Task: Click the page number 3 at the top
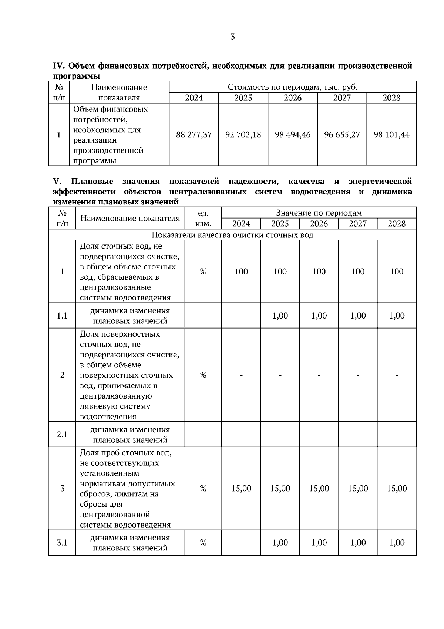click(x=232, y=37)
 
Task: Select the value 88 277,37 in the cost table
click(x=194, y=134)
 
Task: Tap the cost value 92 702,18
click(x=243, y=134)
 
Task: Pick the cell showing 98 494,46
click(x=293, y=134)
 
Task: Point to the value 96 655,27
click(x=342, y=134)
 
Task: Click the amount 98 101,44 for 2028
click(x=391, y=134)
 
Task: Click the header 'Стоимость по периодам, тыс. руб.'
click(x=292, y=87)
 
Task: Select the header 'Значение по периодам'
click(x=319, y=213)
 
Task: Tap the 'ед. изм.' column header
click(x=203, y=218)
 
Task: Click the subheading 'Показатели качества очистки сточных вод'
click(x=232, y=235)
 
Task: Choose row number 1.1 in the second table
click(x=62, y=316)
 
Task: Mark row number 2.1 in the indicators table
click(x=62, y=434)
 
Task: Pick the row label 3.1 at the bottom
click(x=62, y=543)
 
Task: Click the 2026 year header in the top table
click(x=293, y=98)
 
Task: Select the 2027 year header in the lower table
click(x=358, y=224)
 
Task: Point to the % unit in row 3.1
click(x=203, y=543)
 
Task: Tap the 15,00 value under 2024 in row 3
click(x=241, y=488)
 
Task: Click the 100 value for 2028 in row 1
click(x=397, y=272)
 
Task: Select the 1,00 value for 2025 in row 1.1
click(x=280, y=316)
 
